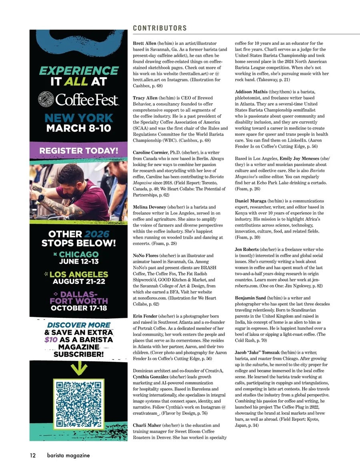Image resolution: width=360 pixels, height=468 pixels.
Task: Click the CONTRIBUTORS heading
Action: coord(160,28)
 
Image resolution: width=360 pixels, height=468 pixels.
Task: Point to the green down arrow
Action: coord(78,368)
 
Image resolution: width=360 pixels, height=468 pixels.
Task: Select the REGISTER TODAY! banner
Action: coord(78,151)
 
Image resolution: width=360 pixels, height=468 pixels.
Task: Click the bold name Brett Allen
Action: coord(144,43)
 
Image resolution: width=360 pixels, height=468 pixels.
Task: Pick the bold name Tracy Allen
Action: coord(145,98)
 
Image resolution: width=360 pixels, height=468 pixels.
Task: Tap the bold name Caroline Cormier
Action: coord(150,153)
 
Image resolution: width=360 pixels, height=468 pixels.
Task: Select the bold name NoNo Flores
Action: coord(145,255)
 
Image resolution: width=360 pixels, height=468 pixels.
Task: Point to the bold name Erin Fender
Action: coord(145,316)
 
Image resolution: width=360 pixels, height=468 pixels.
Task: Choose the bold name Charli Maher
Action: coord(147,425)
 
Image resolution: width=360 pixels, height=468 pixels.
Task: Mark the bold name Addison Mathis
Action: coord(251,92)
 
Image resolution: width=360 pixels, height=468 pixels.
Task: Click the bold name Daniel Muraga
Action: coord(250,201)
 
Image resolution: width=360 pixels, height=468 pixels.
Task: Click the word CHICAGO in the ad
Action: coord(78,254)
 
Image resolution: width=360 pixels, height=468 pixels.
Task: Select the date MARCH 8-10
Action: coord(78,129)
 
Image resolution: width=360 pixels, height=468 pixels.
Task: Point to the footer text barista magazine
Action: coord(68,455)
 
